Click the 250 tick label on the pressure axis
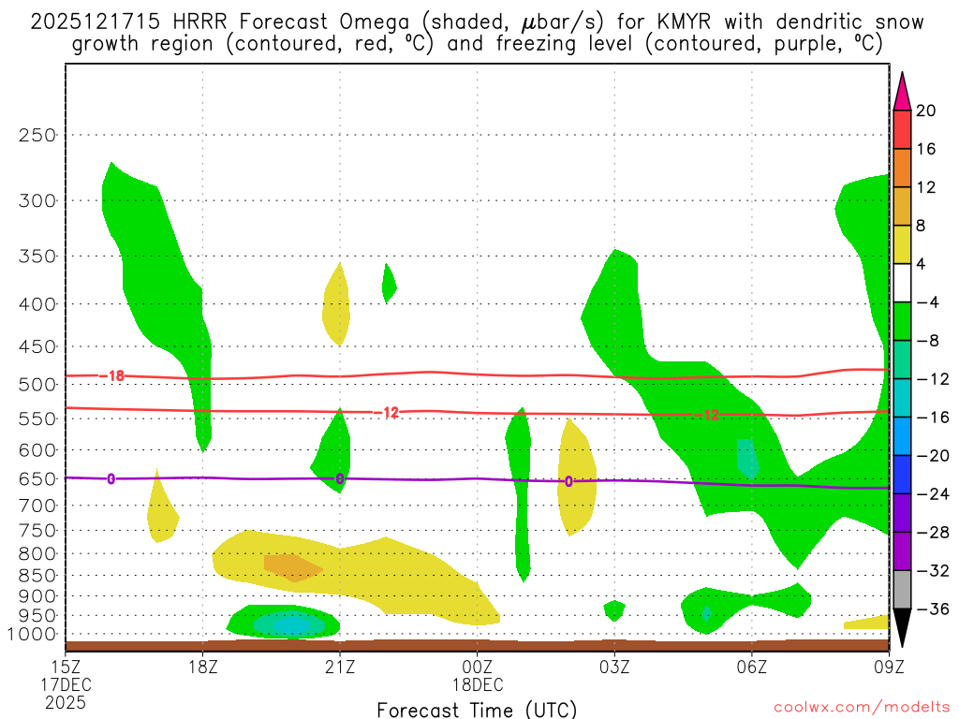(x=37, y=135)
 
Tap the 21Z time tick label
(x=340, y=667)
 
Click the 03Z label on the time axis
(x=614, y=667)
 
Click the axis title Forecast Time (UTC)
(x=477, y=709)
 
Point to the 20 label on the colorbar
(x=926, y=110)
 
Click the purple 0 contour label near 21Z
(x=340, y=478)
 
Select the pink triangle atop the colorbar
(x=902, y=91)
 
